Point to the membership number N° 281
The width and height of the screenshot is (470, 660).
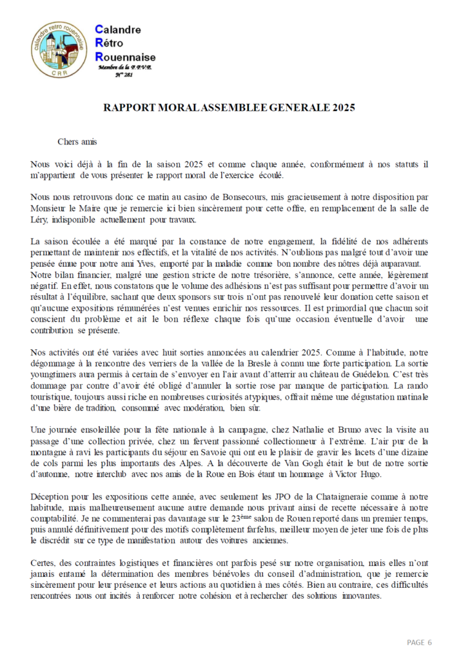click(x=125, y=75)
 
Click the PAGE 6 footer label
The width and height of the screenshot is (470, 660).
click(x=419, y=643)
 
